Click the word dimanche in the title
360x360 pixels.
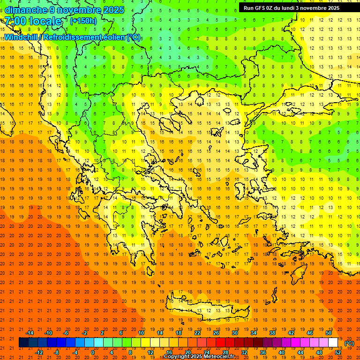coord(26,10)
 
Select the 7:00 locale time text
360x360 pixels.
coord(33,21)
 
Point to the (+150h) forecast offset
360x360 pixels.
coord(83,21)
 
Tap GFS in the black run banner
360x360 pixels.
coord(260,7)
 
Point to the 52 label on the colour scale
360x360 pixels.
coord(338,352)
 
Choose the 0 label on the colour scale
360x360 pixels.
coord(93,352)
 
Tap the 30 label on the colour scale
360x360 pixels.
coord(234,333)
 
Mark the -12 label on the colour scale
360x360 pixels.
coord(39,352)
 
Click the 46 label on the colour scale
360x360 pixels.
coord(310,333)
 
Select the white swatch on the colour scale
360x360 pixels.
coord(333,343)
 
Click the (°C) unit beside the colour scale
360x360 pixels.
coord(349,343)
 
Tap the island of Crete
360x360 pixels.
coord(216,310)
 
